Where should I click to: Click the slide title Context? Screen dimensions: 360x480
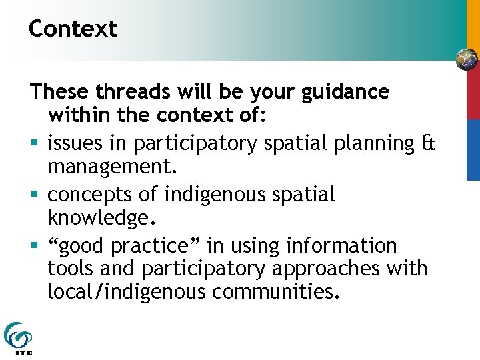coord(73,29)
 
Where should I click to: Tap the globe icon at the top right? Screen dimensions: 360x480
coord(467,60)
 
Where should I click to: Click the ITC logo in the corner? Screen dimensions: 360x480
coord(17,339)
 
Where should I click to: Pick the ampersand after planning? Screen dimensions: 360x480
coord(429,143)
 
